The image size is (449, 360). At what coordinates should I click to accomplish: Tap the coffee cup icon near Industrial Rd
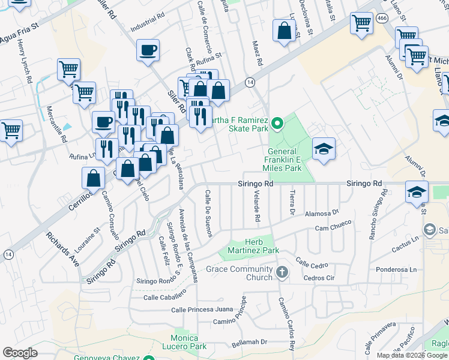(x=148, y=50)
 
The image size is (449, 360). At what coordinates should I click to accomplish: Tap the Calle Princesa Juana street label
(x=202, y=310)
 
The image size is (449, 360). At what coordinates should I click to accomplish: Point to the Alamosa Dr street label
(x=322, y=212)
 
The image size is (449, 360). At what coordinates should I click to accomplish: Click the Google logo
(x=20, y=353)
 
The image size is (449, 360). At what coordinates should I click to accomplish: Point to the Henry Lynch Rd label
(x=25, y=62)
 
